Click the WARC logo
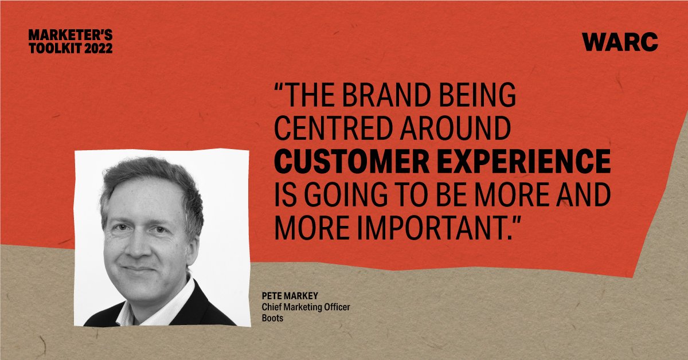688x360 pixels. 620,42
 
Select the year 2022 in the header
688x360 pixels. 97,48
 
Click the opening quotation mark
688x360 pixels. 281,93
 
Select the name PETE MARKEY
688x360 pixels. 290,298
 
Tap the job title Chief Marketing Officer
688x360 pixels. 305,308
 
